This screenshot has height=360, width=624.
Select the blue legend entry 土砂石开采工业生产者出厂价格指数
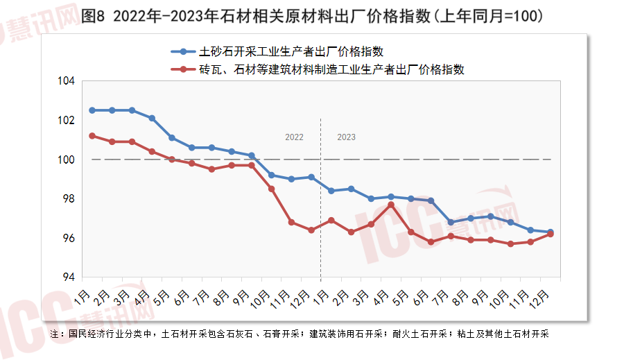291,51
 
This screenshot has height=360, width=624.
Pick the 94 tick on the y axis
68,277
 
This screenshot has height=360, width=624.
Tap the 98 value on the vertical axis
68,199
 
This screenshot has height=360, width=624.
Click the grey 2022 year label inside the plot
295,137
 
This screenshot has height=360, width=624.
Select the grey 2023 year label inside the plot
346,137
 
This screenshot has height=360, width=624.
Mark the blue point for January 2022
92,110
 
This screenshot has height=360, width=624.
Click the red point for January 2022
92,136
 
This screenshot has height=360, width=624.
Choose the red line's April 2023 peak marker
391,205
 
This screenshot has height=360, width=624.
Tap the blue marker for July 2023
451,223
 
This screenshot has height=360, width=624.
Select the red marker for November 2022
291,223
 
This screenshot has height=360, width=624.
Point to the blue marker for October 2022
271,175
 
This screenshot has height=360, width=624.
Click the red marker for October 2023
510,244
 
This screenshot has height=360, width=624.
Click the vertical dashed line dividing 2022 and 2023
320,208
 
